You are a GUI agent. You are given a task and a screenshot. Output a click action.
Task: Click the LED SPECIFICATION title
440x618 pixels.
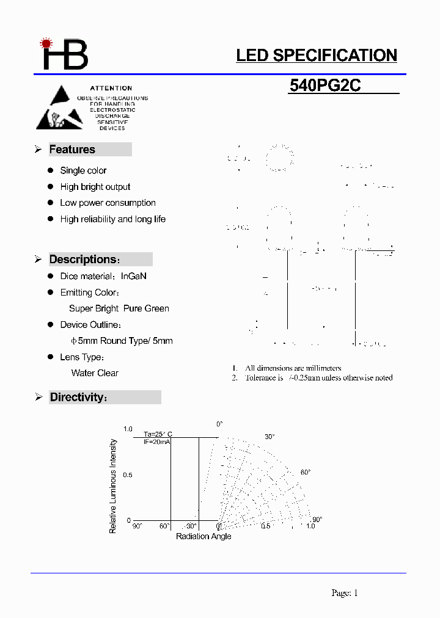[x=317, y=56]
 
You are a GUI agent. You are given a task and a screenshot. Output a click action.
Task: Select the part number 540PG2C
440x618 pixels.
[x=325, y=86]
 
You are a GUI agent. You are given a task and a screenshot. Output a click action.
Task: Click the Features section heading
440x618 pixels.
[x=72, y=150]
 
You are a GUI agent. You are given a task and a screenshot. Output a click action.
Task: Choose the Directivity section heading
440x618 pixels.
[x=78, y=398]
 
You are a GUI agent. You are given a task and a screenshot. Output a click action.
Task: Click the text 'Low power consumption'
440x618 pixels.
[x=108, y=203]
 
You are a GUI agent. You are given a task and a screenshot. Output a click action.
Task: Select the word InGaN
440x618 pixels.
[x=134, y=276]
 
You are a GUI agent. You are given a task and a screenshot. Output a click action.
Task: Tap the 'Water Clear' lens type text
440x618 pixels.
[x=95, y=373]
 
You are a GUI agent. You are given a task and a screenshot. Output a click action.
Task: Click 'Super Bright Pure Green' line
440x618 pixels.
[x=119, y=308]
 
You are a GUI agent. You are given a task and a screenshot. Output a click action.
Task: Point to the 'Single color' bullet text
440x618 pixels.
[x=83, y=170]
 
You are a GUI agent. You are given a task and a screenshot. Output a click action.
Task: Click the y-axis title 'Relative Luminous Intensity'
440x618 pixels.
[x=113, y=486]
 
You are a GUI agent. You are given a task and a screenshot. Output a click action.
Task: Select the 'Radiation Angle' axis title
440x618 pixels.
[x=204, y=536]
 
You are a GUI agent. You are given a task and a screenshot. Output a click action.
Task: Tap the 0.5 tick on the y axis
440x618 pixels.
[x=128, y=475]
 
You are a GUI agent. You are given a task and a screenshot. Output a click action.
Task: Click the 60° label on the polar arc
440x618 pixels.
[x=306, y=472]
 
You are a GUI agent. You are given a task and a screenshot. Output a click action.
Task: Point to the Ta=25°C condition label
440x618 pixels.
[x=158, y=434]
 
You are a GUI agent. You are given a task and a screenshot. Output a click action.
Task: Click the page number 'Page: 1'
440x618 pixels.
[x=344, y=592]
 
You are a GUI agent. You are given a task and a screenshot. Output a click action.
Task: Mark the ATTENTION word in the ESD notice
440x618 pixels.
[x=111, y=89]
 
